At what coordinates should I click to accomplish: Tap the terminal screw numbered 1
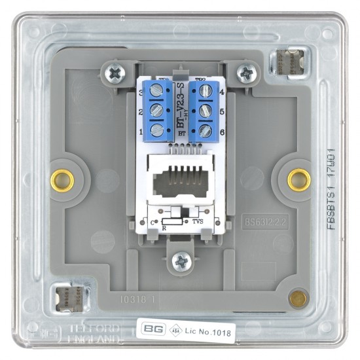coord(157,130)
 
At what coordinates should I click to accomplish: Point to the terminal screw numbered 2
coord(157,111)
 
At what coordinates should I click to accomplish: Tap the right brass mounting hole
coord(299,177)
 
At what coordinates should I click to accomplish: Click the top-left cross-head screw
coord(115,73)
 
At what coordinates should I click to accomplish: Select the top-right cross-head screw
coord(247,73)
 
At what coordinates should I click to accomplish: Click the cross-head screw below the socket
coord(181,262)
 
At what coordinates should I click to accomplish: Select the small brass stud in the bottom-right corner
coord(298,299)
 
